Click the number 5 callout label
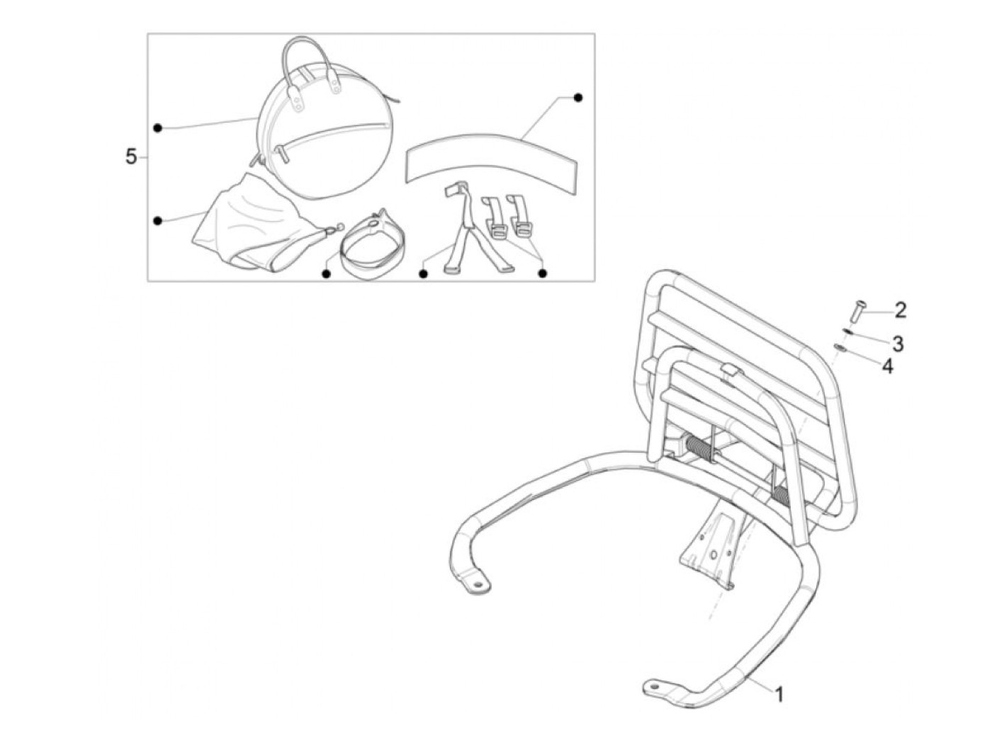pyautogui.click(x=131, y=157)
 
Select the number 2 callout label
pyautogui.click(x=900, y=309)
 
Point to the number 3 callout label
pyautogui.click(x=897, y=344)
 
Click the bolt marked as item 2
pyautogui.click(x=853, y=311)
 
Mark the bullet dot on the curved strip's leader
pyautogui.click(x=578, y=97)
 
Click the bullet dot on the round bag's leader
pyautogui.click(x=157, y=127)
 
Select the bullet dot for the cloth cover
pyautogui.click(x=157, y=220)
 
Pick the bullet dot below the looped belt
pyautogui.click(x=327, y=273)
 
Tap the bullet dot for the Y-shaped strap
pyautogui.click(x=423, y=273)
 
